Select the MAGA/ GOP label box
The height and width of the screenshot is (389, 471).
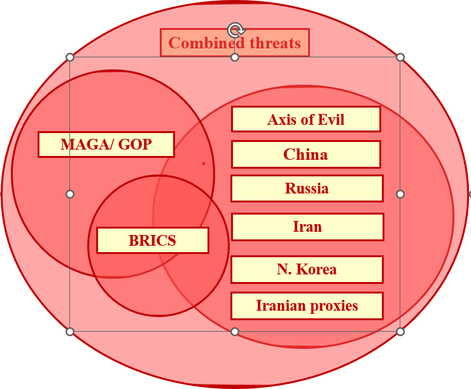coord(106,145)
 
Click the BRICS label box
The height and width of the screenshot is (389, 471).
coord(152,241)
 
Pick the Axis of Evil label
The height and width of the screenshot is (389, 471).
coord(306,119)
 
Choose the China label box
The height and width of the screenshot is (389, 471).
coord(306,155)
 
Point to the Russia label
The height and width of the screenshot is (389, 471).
coord(307,188)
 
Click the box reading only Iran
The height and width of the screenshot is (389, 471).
coord(307,227)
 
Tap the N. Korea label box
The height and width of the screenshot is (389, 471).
coord(307,269)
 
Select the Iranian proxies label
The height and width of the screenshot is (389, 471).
coord(307,306)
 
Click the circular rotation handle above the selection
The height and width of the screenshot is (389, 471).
coord(236,30)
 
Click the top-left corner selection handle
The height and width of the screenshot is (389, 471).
coord(70,57)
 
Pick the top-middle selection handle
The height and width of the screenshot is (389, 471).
coord(235,57)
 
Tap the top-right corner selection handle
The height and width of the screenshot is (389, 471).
coord(400,57)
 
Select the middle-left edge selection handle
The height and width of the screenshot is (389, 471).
coord(70,194)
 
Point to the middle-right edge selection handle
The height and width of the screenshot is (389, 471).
coord(400,194)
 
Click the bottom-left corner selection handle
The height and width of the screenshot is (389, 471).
coord(70,332)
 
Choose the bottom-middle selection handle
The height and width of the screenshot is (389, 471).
coord(235,332)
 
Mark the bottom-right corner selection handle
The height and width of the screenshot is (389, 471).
coord(400,332)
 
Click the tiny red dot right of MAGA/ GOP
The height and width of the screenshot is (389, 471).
coord(204,164)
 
